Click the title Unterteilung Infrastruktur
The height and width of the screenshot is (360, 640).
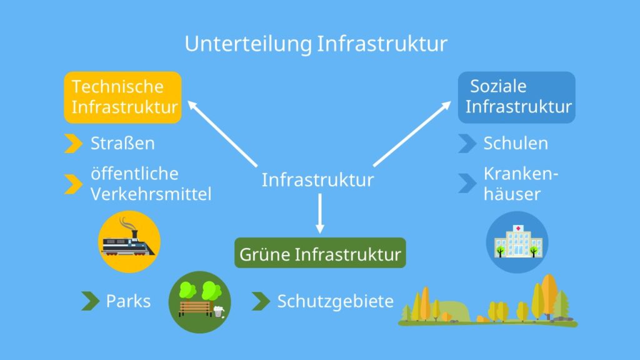pos(316,44)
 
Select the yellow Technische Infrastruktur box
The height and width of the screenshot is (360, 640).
pos(123,97)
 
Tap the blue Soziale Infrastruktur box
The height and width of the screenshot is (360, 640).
pos(517,97)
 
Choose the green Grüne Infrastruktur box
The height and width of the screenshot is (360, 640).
pos(320,253)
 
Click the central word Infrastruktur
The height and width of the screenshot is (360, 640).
pos(317,180)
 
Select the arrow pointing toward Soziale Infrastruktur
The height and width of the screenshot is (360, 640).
pos(412,133)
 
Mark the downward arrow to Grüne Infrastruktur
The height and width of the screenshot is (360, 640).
pos(320,213)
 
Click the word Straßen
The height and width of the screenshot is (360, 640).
pos(122,144)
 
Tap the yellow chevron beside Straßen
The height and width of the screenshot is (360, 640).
pos(73,144)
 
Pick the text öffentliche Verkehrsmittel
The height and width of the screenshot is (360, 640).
pos(151,184)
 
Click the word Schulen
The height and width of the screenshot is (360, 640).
pos(516,143)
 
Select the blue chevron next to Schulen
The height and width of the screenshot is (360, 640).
pos(467,143)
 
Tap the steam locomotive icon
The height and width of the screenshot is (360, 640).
pos(129,241)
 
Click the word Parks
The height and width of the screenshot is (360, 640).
pos(128,301)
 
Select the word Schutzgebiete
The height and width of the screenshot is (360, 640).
pos(336,302)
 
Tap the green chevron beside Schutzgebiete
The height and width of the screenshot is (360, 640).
pos(260,301)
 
